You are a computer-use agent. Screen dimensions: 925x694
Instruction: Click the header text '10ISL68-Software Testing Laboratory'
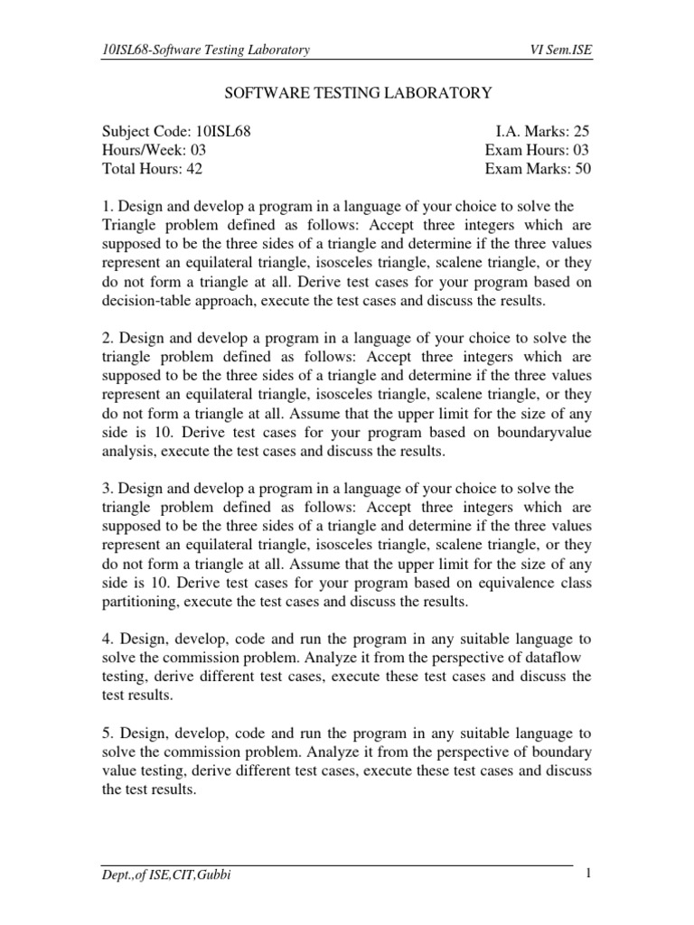(x=207, y=50)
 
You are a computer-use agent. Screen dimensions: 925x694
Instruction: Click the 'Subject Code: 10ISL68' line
(x=176, y=132)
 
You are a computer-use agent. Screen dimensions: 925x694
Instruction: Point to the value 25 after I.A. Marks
(x=581, y=132)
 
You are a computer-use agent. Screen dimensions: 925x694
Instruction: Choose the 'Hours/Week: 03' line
(x=155, y=150)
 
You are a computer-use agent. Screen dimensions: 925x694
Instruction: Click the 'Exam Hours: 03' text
(x=538, y=150)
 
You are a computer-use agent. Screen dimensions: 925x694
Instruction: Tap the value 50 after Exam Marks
(x=581, y=169)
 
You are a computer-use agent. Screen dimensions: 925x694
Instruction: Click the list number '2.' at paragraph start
(x=108, y=338)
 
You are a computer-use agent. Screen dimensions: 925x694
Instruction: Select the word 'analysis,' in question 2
(x=129, y=451)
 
